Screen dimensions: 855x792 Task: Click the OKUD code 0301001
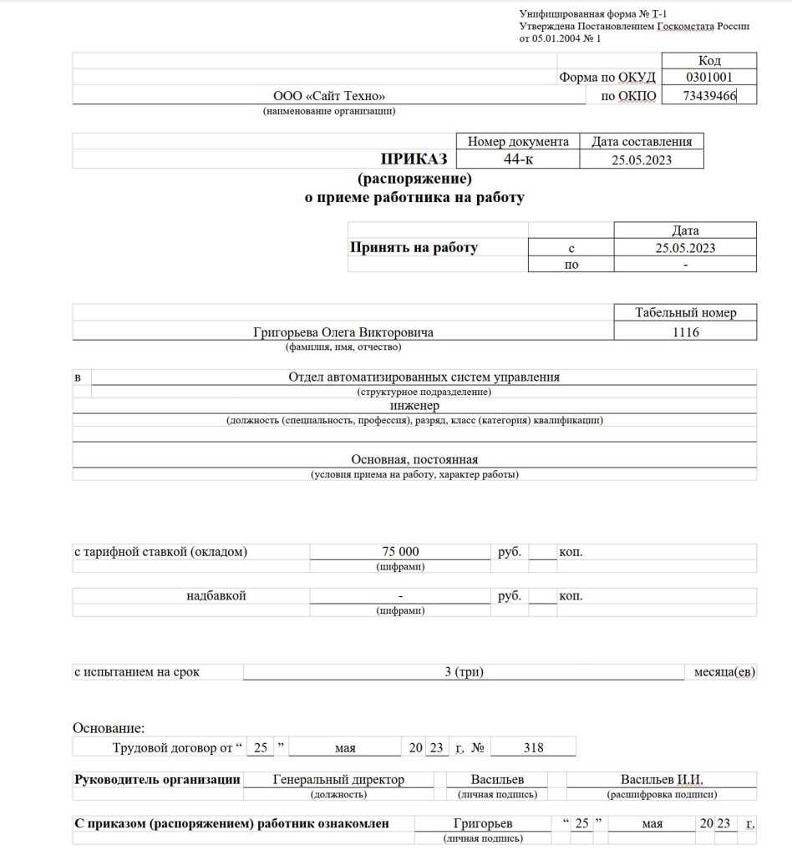(708, 78)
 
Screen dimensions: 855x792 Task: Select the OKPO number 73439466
(708, 96)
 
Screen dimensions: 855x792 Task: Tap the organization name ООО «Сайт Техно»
(329, 96)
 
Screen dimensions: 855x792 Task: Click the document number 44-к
(518, 159)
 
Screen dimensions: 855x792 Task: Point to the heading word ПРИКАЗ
(414, 159)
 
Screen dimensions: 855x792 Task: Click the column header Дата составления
(642, 142)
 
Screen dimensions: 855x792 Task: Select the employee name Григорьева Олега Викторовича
(343, 332)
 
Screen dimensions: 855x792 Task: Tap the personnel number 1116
(685, 332)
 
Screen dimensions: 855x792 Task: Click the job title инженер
(414, 405)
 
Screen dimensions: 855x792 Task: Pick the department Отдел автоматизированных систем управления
(424, 377)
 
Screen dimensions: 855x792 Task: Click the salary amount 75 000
(400, 552)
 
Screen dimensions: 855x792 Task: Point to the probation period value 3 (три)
(465, 671)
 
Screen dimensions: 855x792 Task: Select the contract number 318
(533, 748)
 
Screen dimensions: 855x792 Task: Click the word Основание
(109, 728)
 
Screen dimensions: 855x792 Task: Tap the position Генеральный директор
(338, 780)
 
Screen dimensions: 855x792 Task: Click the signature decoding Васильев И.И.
(662, 780)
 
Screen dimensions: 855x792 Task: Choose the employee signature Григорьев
(483, 824)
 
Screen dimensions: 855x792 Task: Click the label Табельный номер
(685, 313)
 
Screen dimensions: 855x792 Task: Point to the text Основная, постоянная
(414, 459)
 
